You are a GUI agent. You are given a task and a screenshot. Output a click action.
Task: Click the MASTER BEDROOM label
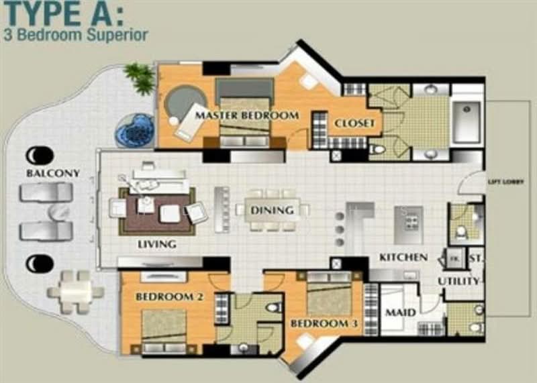pos(246,115)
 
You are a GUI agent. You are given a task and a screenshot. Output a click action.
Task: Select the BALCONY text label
pos(53,173)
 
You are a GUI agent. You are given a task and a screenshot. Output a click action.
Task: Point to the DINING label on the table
pos(273,211)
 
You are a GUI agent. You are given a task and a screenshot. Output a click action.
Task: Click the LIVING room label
pos(157,244)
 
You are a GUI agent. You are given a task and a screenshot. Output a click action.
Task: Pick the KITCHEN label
pos(403,257)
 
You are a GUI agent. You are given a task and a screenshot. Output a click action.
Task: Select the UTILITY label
pos(459,280)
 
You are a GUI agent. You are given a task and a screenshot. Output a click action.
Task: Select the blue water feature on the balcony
pos(135,129)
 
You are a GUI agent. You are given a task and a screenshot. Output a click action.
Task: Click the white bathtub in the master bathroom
pos(467,121)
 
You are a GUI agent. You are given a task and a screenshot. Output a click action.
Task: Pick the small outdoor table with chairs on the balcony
pos(75,291)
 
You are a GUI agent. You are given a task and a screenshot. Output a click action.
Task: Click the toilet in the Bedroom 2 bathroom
pos(273,309)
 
